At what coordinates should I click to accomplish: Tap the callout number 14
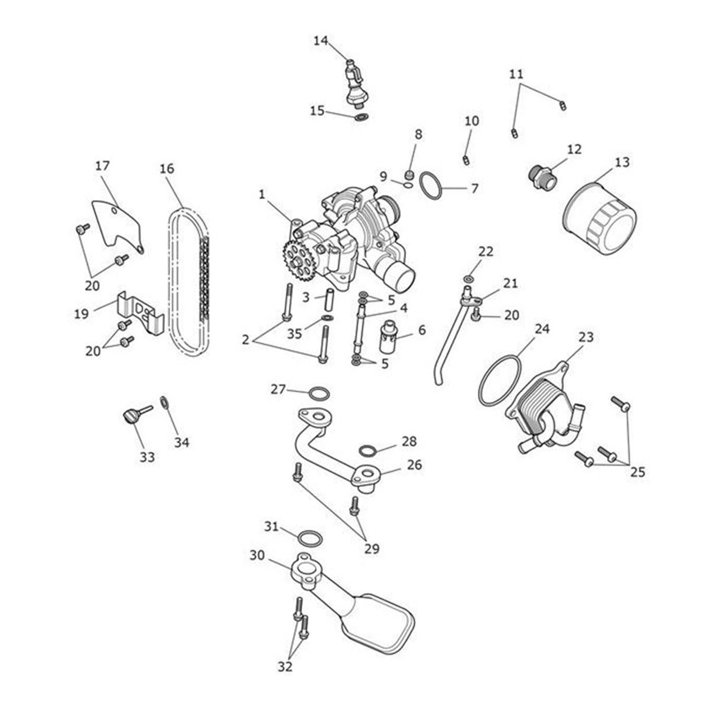point(320,41)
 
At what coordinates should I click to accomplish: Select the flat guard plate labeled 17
point(116,226)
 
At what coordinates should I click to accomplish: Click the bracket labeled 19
point(141,313)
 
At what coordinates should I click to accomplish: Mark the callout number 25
point(638,471)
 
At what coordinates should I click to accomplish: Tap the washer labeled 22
point(468,278)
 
